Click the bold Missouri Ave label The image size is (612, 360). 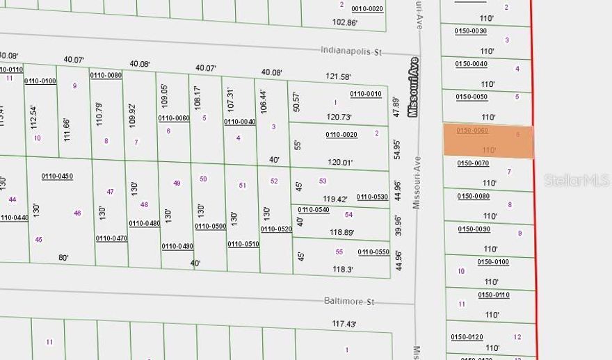click(414, 87)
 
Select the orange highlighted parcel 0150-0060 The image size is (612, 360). click(488, 141)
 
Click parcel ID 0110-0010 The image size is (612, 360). click(366, 94)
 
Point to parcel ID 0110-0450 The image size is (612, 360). click(57, 176)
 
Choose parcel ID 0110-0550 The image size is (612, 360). click(373, 252)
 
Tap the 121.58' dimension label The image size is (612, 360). click(339, 76)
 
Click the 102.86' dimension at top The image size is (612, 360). click(344, 22)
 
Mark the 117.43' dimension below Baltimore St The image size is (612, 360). click(344, 324)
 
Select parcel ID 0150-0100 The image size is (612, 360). click(493, 262)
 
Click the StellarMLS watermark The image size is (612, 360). click(567, 180)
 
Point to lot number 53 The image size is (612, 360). click(323, 181)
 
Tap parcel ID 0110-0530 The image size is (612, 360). click(372, 197)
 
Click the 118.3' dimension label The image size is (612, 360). click(342, 269)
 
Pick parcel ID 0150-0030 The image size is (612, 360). click(471, 31)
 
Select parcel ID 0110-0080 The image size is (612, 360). click(106, 75)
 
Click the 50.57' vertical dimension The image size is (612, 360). click(297, 101)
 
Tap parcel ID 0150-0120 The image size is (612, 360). click(467, 337)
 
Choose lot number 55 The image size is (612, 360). click(339, 252)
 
